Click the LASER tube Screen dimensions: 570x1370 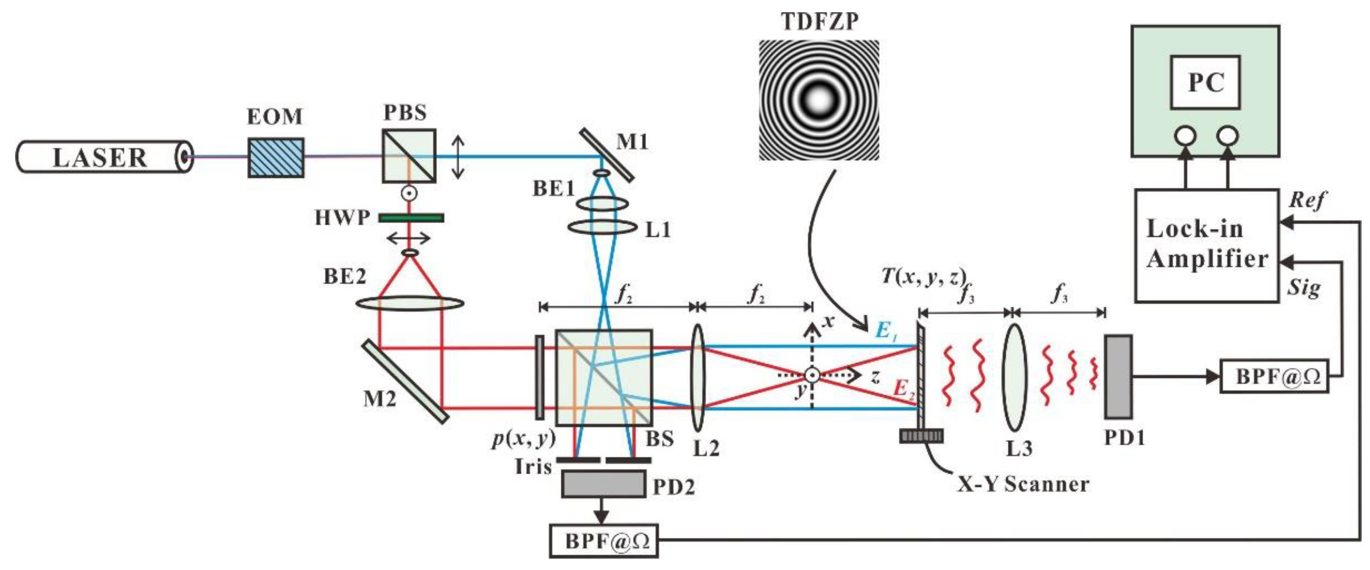(101, 157)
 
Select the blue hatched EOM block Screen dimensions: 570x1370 (276, 158)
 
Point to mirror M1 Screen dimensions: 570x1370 (606, 155)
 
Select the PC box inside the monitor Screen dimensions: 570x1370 (1205, 82)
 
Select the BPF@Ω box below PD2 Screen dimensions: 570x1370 (604, 541)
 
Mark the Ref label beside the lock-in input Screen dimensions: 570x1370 (1306, 200)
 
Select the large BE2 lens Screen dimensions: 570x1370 (410, 304)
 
